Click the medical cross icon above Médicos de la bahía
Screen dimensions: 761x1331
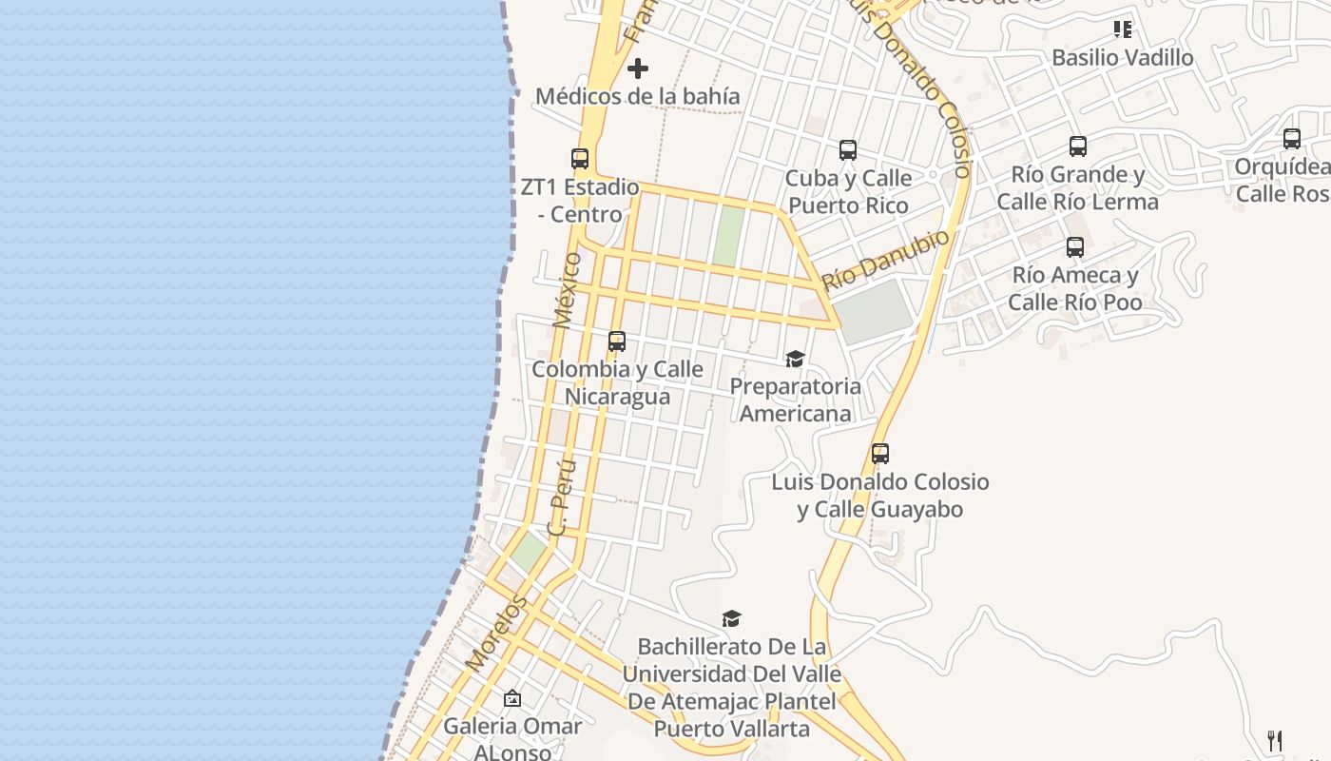click(x=638, y=68)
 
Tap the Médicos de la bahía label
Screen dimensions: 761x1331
click(x=637, y=96)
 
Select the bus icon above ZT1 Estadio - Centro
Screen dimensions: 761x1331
click(x=580, y=159)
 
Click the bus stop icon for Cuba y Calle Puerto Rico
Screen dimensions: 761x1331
click(x=848, y=150)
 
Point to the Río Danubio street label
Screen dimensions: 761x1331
click(x=885, y=260)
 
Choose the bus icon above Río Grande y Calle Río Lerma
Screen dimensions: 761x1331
click(x=1078, y=146)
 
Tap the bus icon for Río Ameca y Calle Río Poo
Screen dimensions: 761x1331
click(x=1075, y=247)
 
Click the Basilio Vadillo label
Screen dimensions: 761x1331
click(x=1122, y=57)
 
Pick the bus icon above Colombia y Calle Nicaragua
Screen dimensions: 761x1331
click(x=617, y=341)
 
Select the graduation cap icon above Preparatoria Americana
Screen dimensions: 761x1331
click(x=795, y=359)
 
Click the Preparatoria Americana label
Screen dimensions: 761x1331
click(x=795, y=400)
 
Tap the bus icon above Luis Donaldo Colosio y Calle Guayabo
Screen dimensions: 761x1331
click(x=880, y=454)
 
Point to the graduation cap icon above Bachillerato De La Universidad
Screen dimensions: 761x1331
click(x=731, y=619)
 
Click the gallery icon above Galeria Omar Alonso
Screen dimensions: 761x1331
click(x=512, y=699)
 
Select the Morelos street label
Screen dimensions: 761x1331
click(x=496, y=633)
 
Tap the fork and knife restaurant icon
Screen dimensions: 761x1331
click(x=1275, y=740)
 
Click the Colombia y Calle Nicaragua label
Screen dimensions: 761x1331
click(x=617, y=382)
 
